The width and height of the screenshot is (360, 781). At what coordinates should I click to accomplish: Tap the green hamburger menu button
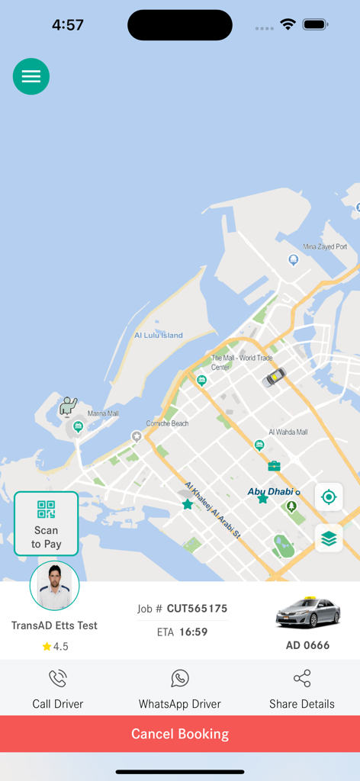coord(31,76)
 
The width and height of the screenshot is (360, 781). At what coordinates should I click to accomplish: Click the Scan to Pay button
coord(46,523)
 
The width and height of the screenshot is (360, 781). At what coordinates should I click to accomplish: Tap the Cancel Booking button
coord(180,734)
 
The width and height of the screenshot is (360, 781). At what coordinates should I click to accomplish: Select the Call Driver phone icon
coord(58,679)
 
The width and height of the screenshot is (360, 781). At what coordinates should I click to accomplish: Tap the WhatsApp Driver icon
coord(180,679)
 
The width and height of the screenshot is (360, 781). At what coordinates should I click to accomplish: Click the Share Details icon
coord(302,679)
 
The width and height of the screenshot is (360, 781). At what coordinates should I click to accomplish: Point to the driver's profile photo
coord(54,586)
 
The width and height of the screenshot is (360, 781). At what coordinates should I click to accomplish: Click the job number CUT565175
coord(197,609)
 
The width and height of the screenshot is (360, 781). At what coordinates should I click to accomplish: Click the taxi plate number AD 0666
coord(307,645)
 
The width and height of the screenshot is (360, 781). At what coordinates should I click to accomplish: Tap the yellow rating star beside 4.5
coord(47,647)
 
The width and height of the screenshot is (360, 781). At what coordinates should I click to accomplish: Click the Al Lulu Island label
coord(159,336)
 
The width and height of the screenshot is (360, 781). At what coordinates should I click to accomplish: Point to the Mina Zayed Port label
coord(325,247)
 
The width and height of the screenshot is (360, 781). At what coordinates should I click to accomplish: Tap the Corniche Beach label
coord(167,423)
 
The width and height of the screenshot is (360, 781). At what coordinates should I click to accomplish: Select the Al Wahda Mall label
coord(288,432)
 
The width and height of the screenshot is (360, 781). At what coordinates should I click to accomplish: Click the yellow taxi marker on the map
coord(274,376)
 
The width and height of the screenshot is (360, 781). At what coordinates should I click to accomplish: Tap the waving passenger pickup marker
coord(69,405)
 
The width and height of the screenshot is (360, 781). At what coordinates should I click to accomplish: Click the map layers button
coord(329,538)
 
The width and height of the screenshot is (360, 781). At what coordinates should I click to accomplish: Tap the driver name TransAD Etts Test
coord(54,625)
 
